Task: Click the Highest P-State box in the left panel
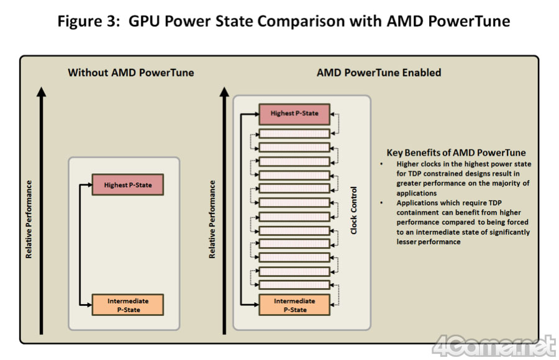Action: click(128, 185)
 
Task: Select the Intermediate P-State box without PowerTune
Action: click(128, 305)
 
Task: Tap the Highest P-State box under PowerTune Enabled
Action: click(294, 114)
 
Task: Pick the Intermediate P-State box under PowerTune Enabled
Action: click(294, 305)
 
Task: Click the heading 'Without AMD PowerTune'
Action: click(131, 73)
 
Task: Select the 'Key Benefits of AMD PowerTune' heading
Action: click(457, 153)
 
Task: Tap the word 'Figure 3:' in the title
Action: click(89, 22)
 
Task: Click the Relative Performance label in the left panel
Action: click(29, 219)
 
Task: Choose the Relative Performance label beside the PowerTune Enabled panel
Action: click(212, 219)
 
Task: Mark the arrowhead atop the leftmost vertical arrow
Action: click(42, 91)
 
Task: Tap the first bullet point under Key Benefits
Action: click(383, 164)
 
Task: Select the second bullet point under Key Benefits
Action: click(383, 203)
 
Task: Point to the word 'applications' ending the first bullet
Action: click(417, 193)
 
